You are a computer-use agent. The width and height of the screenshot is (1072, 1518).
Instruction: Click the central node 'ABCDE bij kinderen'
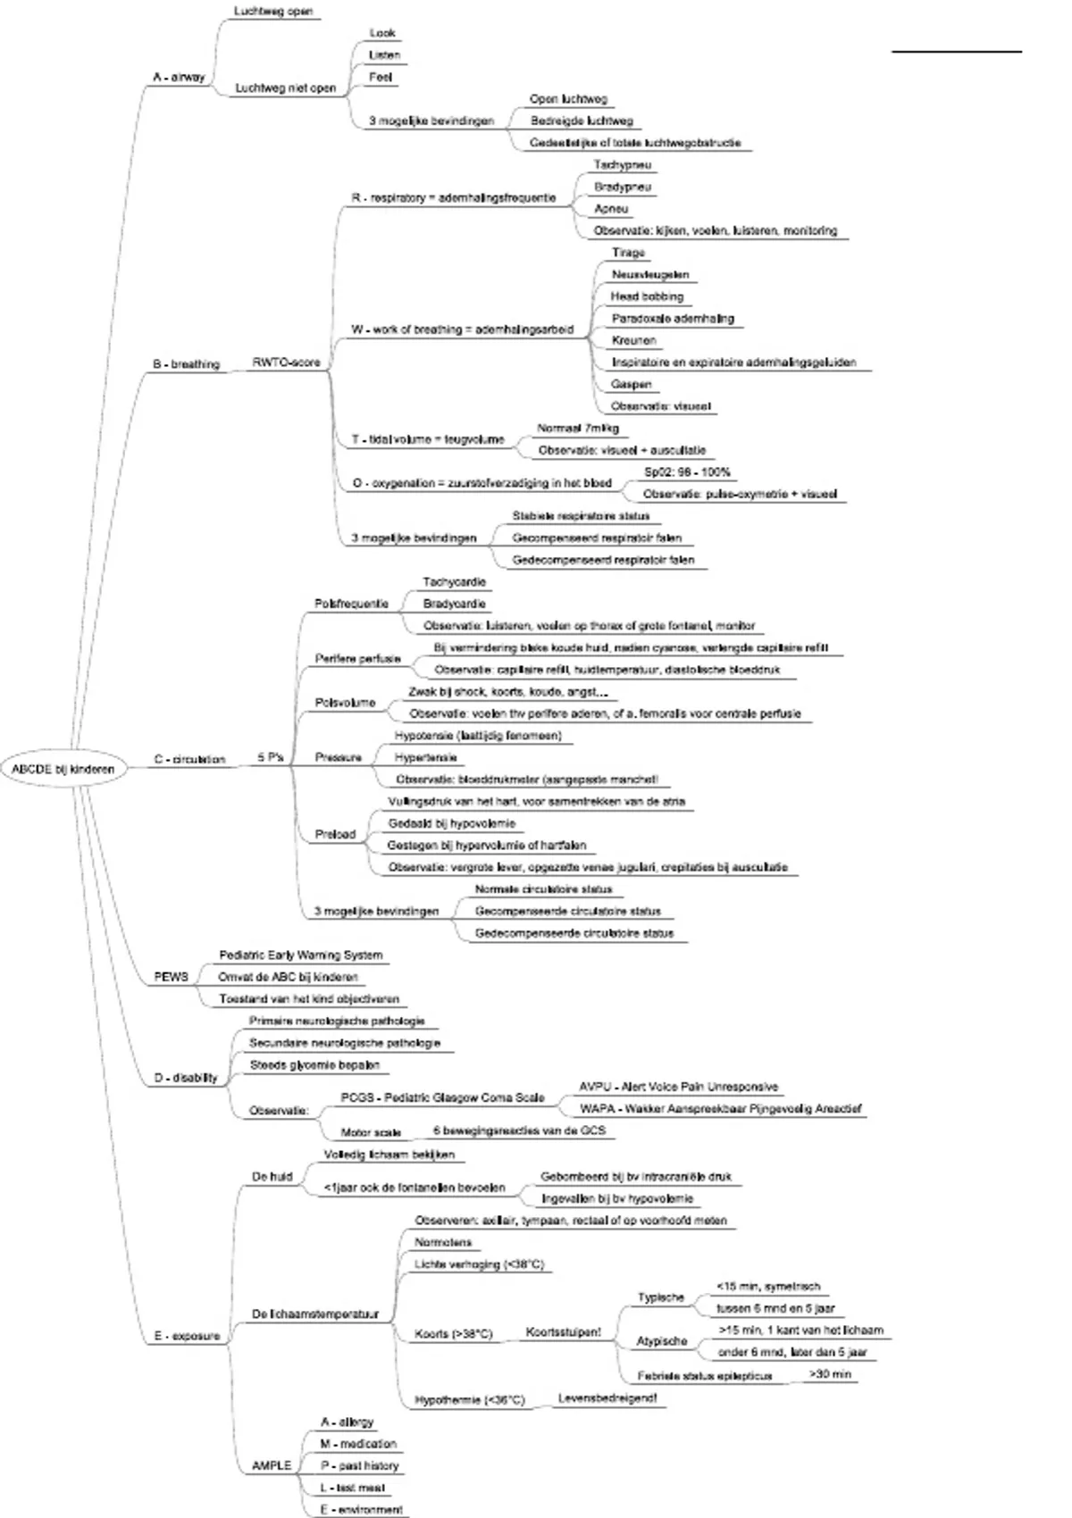63,769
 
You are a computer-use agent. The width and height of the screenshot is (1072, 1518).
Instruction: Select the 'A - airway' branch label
179,78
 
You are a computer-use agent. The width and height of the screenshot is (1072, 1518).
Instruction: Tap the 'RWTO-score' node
286,363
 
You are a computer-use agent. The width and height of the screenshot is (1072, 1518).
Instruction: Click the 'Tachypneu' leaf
623,165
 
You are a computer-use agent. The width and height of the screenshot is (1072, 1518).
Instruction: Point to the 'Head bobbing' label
647,296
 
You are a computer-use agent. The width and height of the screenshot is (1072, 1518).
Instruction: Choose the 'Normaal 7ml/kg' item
578,429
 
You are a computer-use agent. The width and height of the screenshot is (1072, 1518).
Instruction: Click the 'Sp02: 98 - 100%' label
687,472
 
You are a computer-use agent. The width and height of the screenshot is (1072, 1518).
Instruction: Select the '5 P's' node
270,757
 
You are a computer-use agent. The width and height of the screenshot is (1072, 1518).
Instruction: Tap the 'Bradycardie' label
454,605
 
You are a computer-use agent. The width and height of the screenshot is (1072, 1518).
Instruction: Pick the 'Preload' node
335,835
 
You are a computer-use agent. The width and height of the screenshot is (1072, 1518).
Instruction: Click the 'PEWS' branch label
172,977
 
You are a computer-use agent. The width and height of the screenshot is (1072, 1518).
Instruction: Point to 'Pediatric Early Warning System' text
300,955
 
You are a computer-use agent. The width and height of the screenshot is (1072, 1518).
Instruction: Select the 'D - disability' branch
186,1078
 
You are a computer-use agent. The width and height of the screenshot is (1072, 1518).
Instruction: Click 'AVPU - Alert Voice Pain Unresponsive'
678,1088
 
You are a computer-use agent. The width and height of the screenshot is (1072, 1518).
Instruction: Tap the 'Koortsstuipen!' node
563,1332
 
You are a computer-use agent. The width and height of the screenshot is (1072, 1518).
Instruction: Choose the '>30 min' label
830,1374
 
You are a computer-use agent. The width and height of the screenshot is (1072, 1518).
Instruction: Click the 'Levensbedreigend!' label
607,1398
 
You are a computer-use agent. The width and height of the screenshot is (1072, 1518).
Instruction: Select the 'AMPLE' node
272,1465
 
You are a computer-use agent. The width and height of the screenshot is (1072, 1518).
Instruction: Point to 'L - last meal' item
353,1488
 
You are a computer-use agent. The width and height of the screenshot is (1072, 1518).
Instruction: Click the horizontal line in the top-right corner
957,52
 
